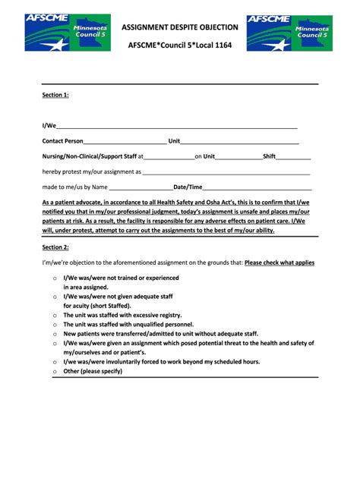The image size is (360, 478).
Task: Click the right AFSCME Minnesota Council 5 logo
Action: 289,33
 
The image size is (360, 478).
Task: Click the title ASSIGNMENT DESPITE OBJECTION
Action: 181,27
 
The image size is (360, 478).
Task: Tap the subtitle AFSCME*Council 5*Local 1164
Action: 180,45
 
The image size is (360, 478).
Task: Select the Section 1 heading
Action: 55,95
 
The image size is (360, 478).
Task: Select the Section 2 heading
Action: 55,247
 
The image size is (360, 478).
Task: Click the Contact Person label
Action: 62,141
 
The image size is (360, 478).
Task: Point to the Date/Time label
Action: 188,187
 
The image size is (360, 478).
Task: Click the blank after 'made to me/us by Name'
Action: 141,187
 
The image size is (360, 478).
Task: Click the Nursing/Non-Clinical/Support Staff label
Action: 90,156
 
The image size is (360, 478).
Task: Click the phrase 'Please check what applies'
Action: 279,263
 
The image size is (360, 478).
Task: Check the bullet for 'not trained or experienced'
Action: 55,278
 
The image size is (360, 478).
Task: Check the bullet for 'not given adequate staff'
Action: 55,297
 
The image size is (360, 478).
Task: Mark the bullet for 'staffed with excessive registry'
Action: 55,315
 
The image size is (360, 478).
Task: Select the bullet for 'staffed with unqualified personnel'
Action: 55,324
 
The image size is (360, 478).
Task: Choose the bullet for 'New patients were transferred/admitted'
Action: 55,334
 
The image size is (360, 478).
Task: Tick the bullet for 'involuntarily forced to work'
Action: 55,362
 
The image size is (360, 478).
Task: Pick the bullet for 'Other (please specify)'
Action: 55,372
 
